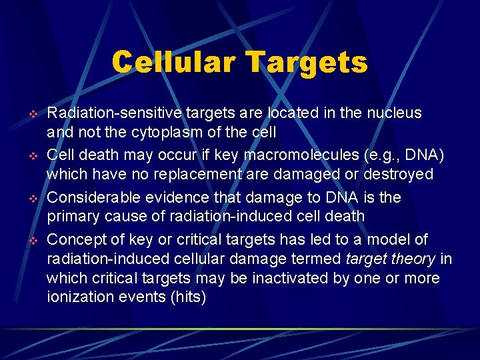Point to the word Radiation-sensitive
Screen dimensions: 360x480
coord(108,113)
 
